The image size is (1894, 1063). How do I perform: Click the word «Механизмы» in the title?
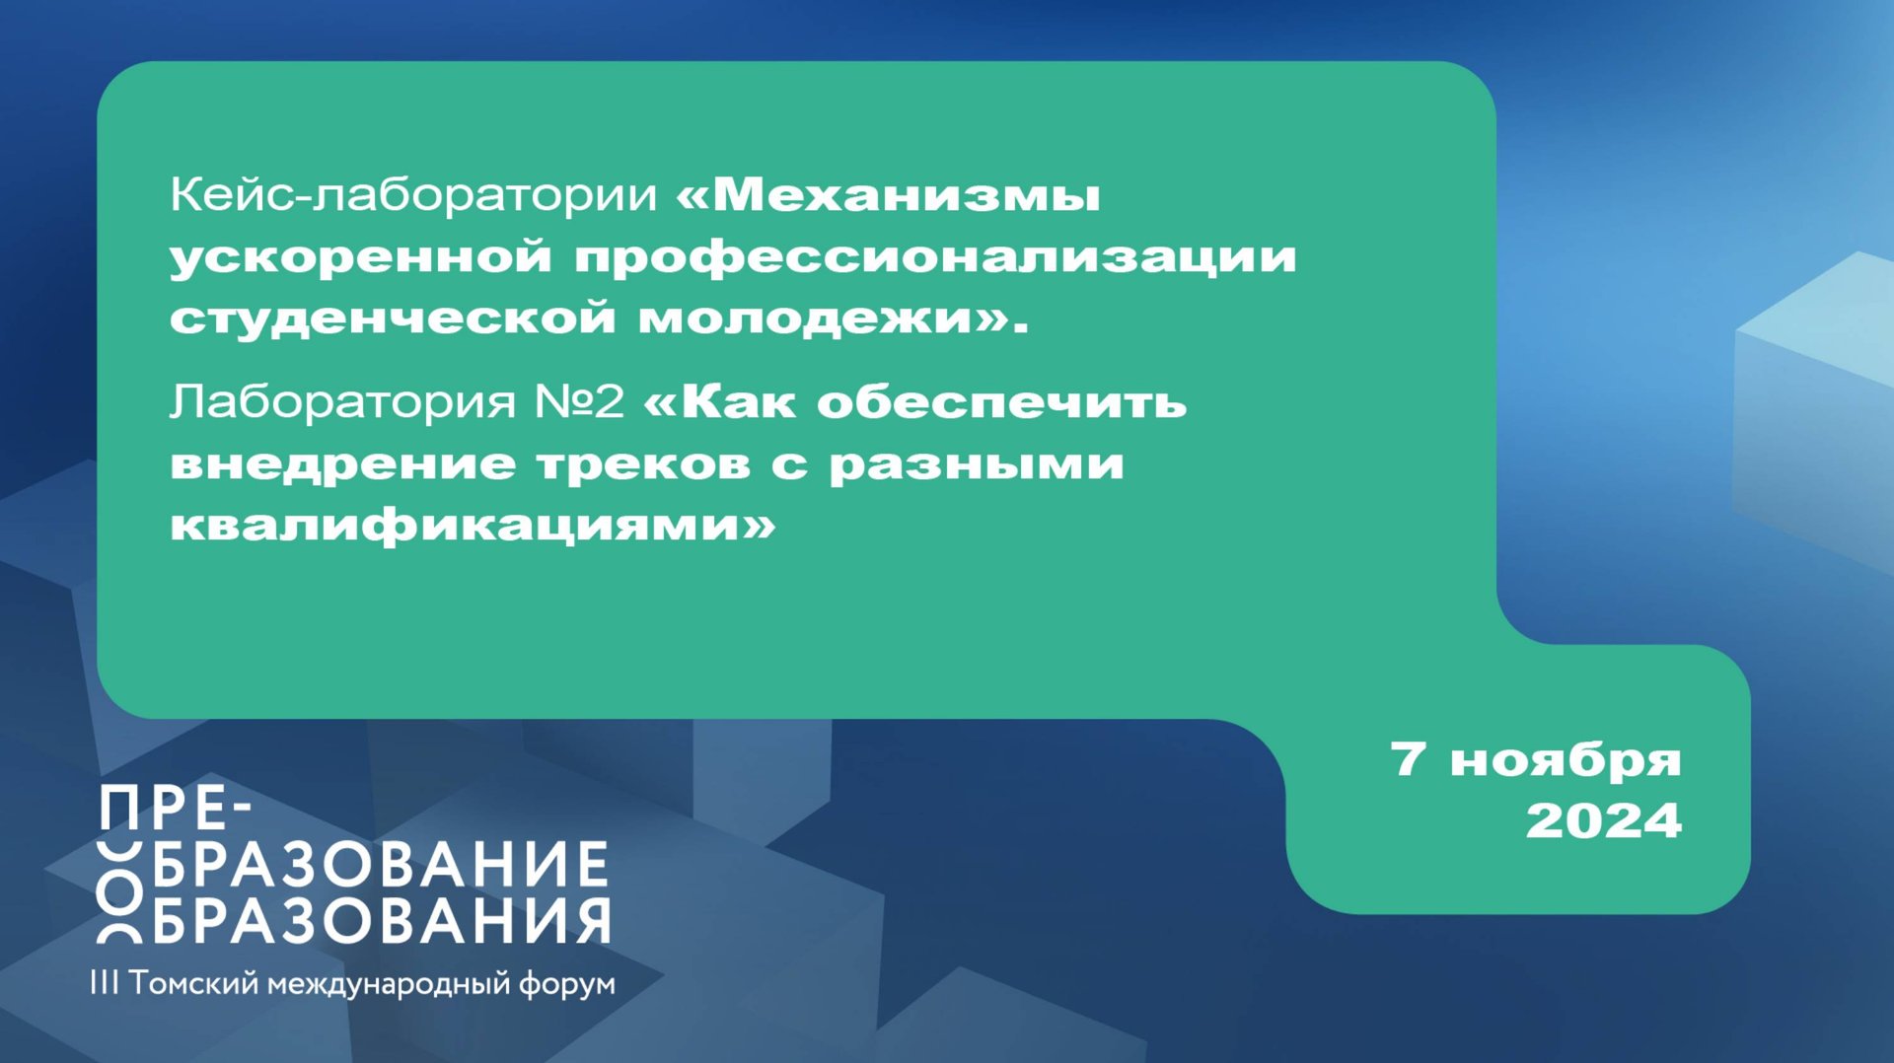(888, 195)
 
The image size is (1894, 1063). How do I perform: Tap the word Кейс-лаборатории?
(412, 195)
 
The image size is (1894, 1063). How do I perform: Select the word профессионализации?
(935, 257)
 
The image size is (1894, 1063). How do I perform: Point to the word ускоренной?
(360, 257)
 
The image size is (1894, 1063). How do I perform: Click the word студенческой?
(393, 319)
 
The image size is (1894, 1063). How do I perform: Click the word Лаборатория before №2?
(342, 402)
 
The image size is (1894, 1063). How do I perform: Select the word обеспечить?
(1001, 402)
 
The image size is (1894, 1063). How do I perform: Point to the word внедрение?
(342, 463)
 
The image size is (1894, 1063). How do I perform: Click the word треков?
(643, 463)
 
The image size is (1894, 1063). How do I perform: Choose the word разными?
(976, 463)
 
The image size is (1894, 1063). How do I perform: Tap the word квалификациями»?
(473, 525)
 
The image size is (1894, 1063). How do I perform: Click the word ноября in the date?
(1566, 760)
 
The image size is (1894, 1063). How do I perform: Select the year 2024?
(1603, 821)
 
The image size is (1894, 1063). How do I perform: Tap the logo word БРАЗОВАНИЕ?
(381, 865)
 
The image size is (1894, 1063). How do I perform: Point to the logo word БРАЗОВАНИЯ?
(381, 922)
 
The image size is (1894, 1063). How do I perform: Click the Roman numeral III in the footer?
(104, 983)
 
